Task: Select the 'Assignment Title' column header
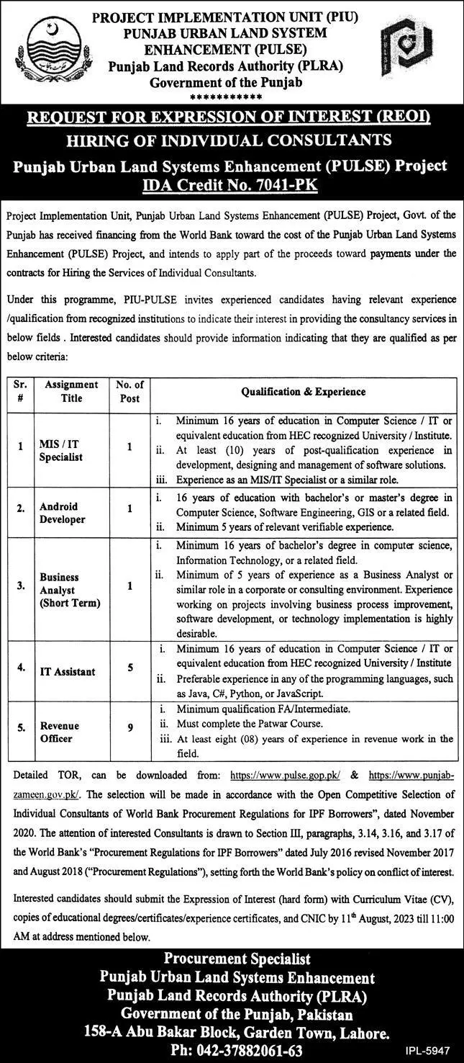[72, 392]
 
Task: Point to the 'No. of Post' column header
[129, 392]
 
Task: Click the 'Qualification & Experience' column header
[303, 392]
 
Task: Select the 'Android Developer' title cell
[63, 513]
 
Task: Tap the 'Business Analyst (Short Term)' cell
[69, 590]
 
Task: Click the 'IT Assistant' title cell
[68, 671]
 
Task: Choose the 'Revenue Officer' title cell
[60, 732]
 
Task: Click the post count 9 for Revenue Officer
[129, 728]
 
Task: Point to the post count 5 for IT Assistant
[129, 668]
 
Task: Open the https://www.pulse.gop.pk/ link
[285, 776]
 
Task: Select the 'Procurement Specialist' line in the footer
[237, 959]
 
